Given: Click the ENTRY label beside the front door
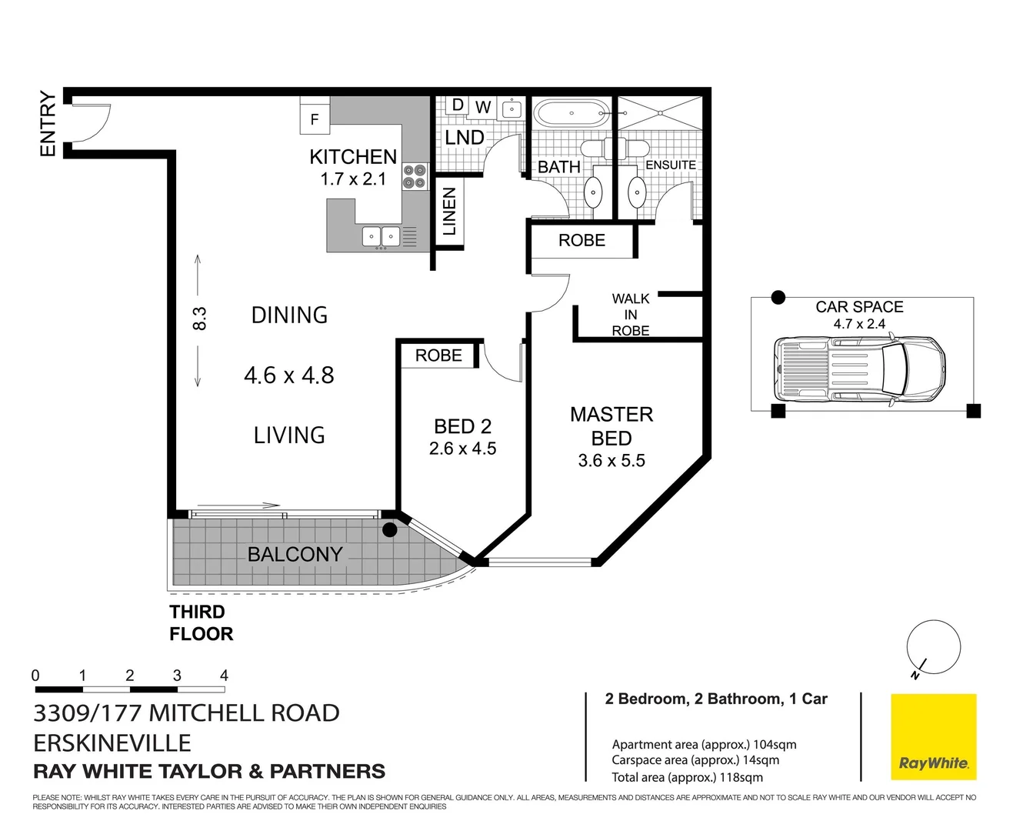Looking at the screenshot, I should [48, 123].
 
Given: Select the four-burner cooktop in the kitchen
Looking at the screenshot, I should [415, 176].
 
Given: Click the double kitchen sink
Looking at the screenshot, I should [381, 236].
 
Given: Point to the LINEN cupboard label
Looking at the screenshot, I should [449, 211].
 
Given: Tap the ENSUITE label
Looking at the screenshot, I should [670, 165].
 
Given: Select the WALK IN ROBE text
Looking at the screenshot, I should [631, 314].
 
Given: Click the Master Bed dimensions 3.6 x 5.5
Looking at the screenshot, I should [611, 461].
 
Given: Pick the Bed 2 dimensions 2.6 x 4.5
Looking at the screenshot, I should [462, 449].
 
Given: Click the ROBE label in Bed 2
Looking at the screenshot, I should [438, 355].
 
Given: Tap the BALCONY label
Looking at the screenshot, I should [295, 554].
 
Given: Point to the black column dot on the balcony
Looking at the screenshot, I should [390, 529].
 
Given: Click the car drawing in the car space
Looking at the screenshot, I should [859, 368].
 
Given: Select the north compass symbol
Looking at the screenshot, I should [933, 649].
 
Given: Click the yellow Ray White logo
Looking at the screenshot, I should [933, 737].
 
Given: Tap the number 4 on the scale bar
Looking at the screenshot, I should [224, 676].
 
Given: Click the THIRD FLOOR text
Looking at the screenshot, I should [201, 622].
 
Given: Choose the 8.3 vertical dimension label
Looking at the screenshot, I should [199, 319].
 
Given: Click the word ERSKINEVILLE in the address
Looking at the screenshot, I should [112, 743].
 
